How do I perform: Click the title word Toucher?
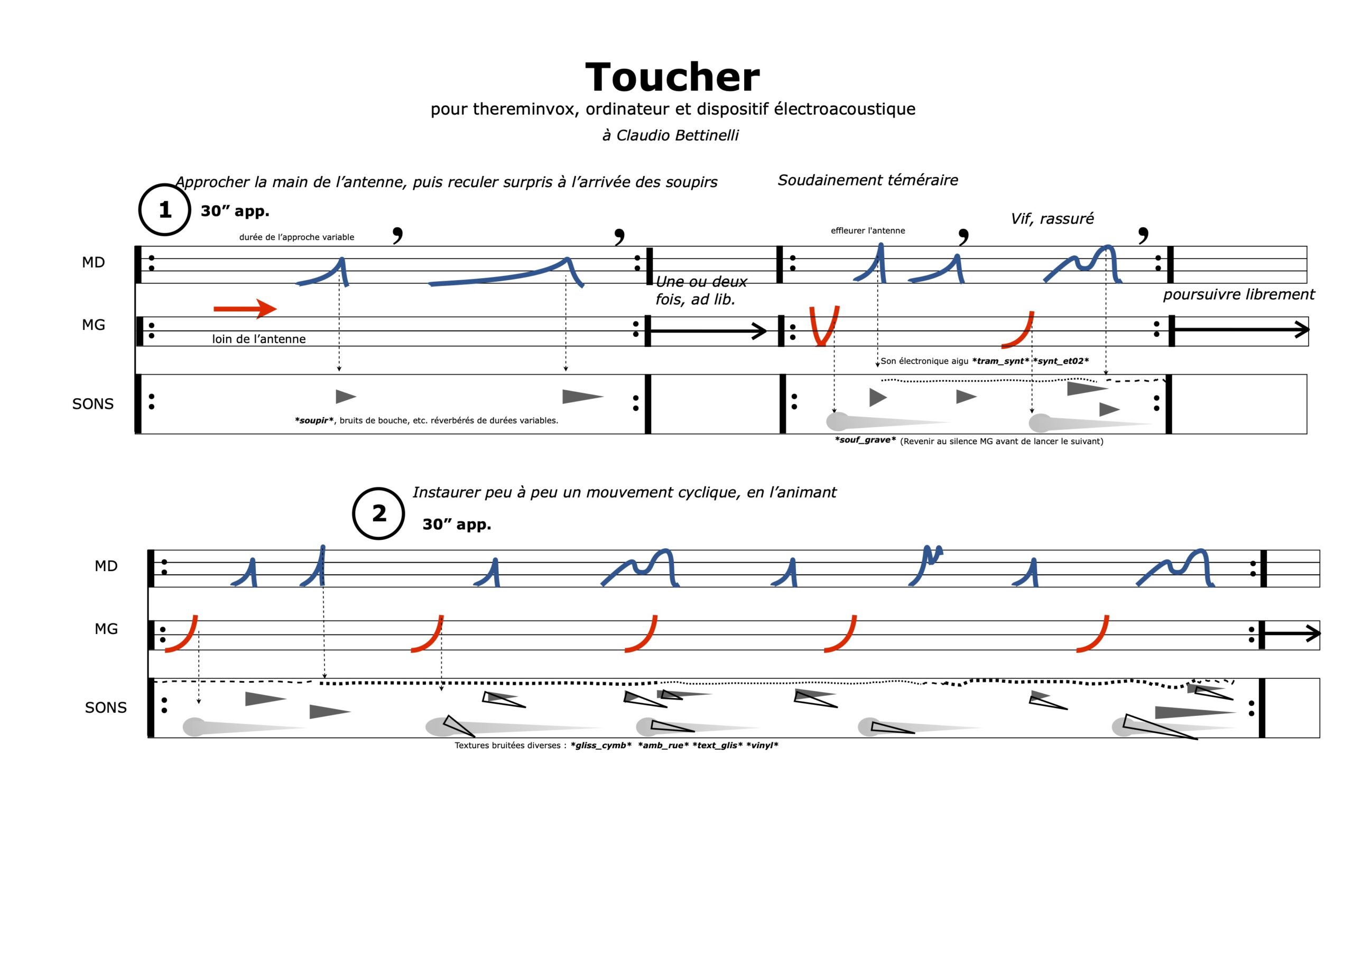tap(672, 78)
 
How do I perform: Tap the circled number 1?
tap(164, 210)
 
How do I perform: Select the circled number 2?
tap(378, 513)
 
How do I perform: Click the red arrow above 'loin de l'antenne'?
tap(245, 308)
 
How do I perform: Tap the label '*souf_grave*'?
tap(865, 440)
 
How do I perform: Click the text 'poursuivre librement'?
tap(1239, 295)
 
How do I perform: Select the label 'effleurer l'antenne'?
tap(867, 231)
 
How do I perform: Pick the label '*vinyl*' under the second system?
tap(762, 746)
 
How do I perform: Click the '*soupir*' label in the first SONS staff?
tap(314, 420)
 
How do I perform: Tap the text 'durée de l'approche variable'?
tap(296, 237)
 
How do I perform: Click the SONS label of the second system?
tap(106, 707)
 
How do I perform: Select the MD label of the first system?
tap(93, 262)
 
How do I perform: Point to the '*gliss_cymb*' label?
tap(601, 746)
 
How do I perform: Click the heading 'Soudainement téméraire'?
tap(867, 180)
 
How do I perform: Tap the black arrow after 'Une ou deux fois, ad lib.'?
tap(708, 332)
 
